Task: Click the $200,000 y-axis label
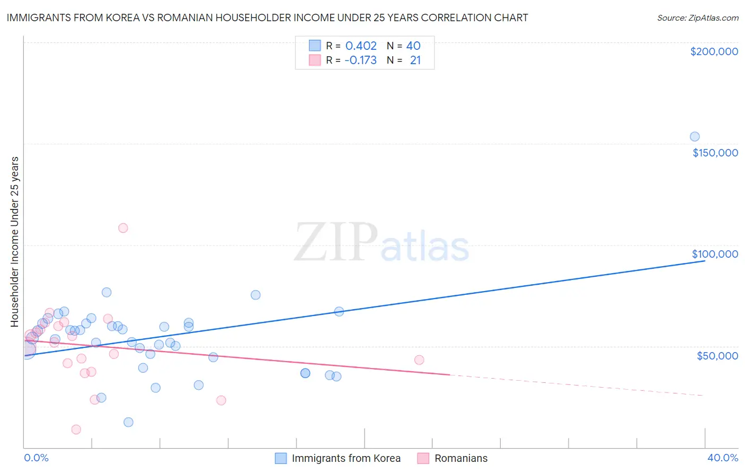tap(714, 51)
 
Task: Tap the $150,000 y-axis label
tap(715, 153)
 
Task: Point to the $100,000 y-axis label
tap(715, 254)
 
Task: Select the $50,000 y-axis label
tap(717, 356)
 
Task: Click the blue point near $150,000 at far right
tap(695, 137)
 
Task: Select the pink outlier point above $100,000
tap(123, 228)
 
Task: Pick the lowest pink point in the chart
tap(76, 430)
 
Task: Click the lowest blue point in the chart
tap(128, 422)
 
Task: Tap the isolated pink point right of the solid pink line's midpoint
tap(419, 360)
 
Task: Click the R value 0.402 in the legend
tap(361, 46)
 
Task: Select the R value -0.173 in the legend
tap(360, 60)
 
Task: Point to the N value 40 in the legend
tap(413, 46)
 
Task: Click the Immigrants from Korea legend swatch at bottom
tap(281, 458)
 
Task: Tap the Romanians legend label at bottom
tap(460, 458)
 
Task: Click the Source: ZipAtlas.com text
tap(697, 18)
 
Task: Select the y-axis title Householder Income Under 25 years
tap(15, 241)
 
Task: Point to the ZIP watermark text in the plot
tap(336, 242)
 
